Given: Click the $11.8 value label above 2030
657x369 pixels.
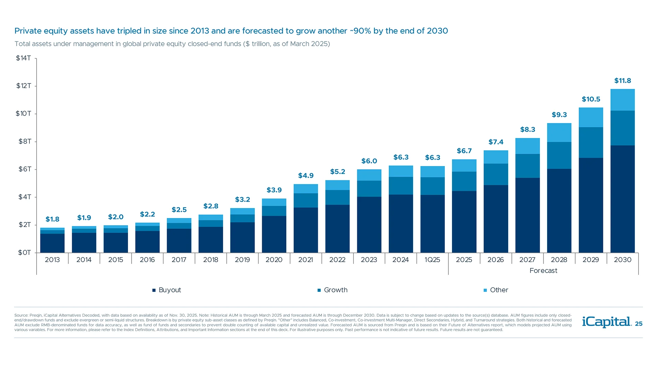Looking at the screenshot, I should tap(622, 81).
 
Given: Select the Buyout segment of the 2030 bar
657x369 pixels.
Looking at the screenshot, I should tap(622, 199).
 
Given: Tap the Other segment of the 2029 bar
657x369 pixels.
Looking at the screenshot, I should tap(591, 117).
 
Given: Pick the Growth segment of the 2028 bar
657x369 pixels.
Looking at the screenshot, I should tap(559, 155).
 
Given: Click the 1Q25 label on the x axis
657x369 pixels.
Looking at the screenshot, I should tap(432, 260).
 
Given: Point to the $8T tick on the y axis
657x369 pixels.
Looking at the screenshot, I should tap(25, 141).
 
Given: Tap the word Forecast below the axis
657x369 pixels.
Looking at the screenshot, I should tap(543, 271).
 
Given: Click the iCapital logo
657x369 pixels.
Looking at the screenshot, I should tap(606, 322).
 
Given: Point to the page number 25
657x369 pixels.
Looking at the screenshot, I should tap(639, 324).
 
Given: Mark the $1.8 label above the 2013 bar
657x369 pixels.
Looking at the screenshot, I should tap(52, 219).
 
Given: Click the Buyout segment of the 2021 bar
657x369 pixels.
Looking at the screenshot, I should tap(306, 230).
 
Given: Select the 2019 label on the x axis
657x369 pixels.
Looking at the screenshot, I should tap(242, 260).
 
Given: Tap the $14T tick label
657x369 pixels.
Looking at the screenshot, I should tap(23, 58).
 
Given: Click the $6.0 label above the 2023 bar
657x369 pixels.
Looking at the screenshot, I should tap(369, 161).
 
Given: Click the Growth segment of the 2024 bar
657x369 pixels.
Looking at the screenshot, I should tap(401, 186).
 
